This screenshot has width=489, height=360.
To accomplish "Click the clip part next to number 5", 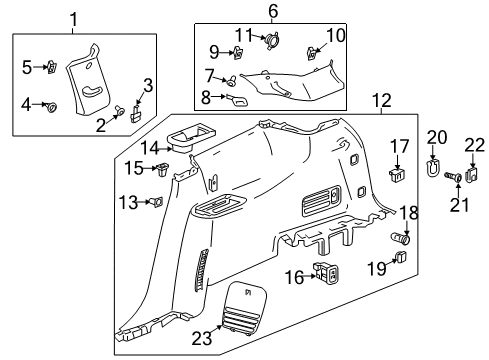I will (x=49, y=68).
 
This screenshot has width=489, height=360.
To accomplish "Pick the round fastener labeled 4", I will (x=52, y=103).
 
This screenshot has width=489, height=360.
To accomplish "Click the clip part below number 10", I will (x=312, y=53).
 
